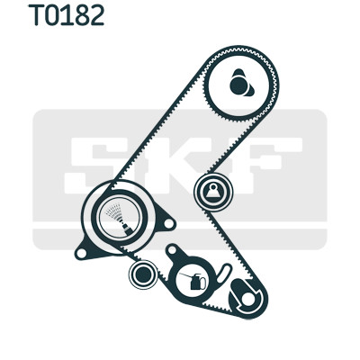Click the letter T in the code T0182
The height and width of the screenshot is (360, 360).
click(36, 15)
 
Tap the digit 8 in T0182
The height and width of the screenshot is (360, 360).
click(80, 15)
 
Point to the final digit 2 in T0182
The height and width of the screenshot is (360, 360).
click(96, 15)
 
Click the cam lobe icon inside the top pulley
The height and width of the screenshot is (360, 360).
click(241, 83)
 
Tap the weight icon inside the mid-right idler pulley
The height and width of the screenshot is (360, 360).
click(213, 193)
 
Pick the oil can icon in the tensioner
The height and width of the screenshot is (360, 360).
click(193, 282)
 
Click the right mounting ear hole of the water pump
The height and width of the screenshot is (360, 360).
click(169, 223)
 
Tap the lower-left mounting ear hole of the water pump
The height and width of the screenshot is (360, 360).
click(81, 254)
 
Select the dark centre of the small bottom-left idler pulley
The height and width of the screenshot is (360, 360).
click(143, 274)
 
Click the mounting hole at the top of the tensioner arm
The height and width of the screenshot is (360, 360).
click(172, 250)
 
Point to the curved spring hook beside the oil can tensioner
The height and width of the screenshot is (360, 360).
click(223, 274)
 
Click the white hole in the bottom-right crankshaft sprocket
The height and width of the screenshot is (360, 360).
click(248, 299)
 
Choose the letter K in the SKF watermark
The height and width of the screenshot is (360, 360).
click(174, 166)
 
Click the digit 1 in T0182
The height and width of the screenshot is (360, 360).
click(67, 15)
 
